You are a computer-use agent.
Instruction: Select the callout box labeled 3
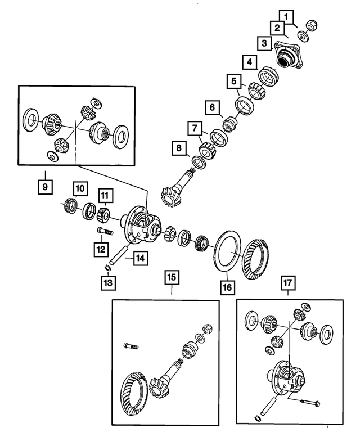[264, 43]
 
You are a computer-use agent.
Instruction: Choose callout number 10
[79, 187]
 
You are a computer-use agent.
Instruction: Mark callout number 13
[108, 282]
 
